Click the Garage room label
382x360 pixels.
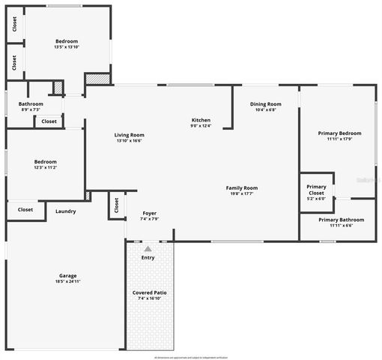[67, 275]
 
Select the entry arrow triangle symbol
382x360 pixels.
[148, 248]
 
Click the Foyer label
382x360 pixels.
[149, 213]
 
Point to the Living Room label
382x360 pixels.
[129, 134]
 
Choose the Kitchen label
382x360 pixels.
[201, 120]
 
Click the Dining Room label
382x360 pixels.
[265, 103]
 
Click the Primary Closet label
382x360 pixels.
[316, 189]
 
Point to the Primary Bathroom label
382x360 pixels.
[341, 220]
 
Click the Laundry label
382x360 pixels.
[65, 211]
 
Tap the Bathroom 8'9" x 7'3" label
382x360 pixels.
[31, 104]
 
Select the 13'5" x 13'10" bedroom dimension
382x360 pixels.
[67, 47]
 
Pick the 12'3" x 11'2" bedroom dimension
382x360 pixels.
[45, 167]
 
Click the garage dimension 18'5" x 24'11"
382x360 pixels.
[67, 281]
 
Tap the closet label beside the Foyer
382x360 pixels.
[117, 205]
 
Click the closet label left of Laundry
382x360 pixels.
[25, 210]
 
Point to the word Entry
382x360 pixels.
[148, 257]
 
